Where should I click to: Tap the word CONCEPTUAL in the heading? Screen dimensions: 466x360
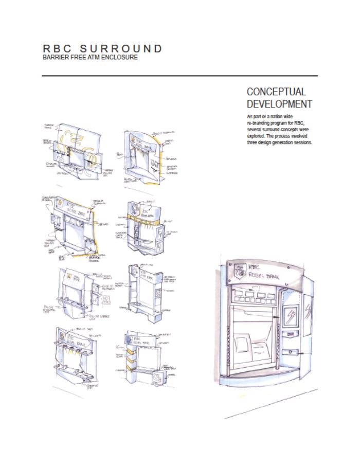coord(276,92)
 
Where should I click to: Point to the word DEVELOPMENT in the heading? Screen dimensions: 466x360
coord(279,103)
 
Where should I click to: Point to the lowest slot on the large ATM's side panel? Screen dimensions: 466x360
coord(291,352)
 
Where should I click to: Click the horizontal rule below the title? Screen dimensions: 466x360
coord(179,76)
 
